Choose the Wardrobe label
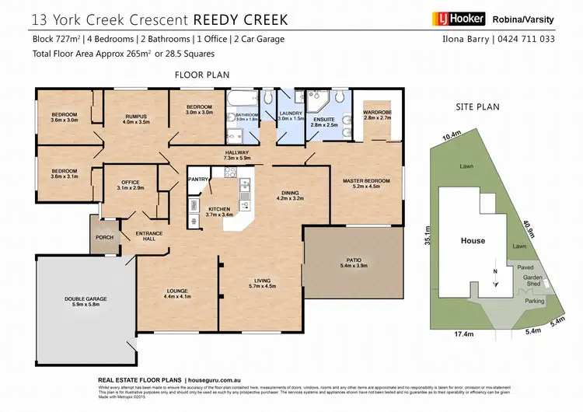377,113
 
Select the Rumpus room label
136,117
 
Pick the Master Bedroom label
365,181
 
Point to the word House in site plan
473,241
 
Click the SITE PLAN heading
477,106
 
